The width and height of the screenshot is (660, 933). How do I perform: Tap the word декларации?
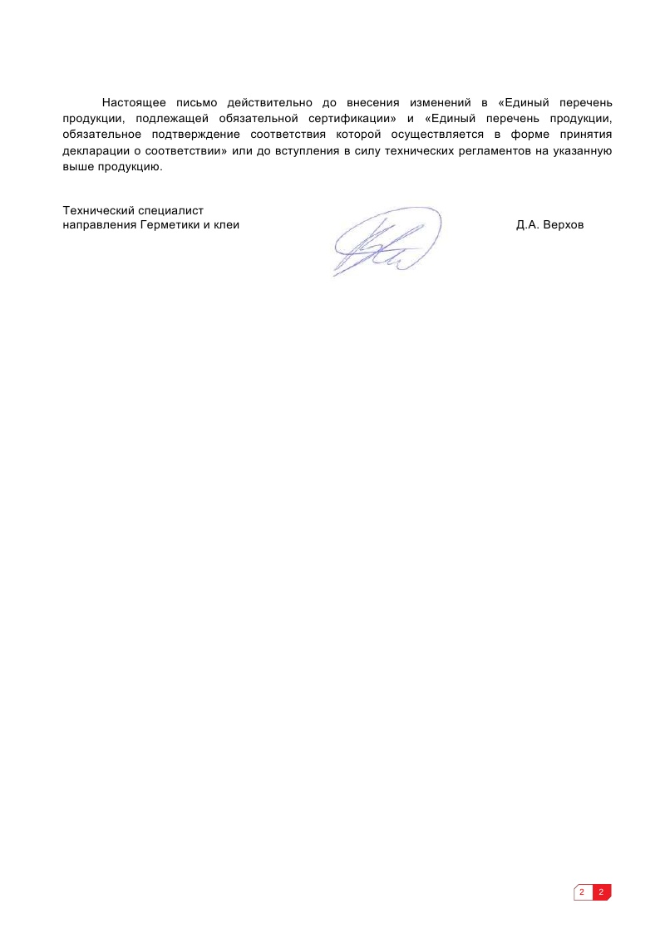click(93, 150)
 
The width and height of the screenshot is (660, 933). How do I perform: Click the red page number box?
click(601, 892)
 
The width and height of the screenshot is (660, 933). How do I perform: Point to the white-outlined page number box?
click(582, 892)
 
